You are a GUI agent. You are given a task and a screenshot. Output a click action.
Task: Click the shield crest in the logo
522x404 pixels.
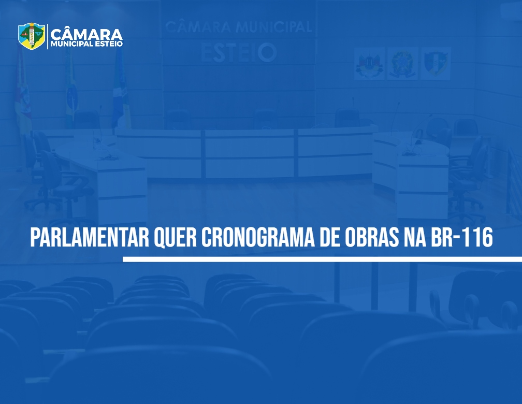tap(32, 36)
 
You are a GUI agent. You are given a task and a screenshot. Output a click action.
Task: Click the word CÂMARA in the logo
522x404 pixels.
tap(86, 34)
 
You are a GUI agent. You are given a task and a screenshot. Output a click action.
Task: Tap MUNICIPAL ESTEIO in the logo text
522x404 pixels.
tap(86, 44)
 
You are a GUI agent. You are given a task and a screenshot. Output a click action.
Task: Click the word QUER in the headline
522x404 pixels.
tap(175, 238)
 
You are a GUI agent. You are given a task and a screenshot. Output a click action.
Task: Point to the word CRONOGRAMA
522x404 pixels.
tap(258, 238)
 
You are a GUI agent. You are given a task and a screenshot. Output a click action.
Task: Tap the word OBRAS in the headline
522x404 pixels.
tap(371, 238)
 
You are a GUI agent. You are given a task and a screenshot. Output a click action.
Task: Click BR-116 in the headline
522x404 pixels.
tap(462, 238)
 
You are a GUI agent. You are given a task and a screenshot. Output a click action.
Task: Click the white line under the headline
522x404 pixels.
tap(322, 259)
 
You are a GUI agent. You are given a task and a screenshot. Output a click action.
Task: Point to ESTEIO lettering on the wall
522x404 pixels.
tap(239, 53)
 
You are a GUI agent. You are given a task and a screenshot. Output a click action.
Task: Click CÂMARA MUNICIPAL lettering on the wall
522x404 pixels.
tap(239, 27)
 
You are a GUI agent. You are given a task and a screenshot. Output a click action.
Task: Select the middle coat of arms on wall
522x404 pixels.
tap(402, 64)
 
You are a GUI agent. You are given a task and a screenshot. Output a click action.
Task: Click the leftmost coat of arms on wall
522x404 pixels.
tap(370, 64)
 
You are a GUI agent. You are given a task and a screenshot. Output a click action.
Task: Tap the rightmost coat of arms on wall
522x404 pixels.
tap(436, 64)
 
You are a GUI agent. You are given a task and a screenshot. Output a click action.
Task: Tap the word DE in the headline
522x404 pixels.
tap(329, 238)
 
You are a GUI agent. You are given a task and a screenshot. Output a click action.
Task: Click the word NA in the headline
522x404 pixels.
tap(415, 238)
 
